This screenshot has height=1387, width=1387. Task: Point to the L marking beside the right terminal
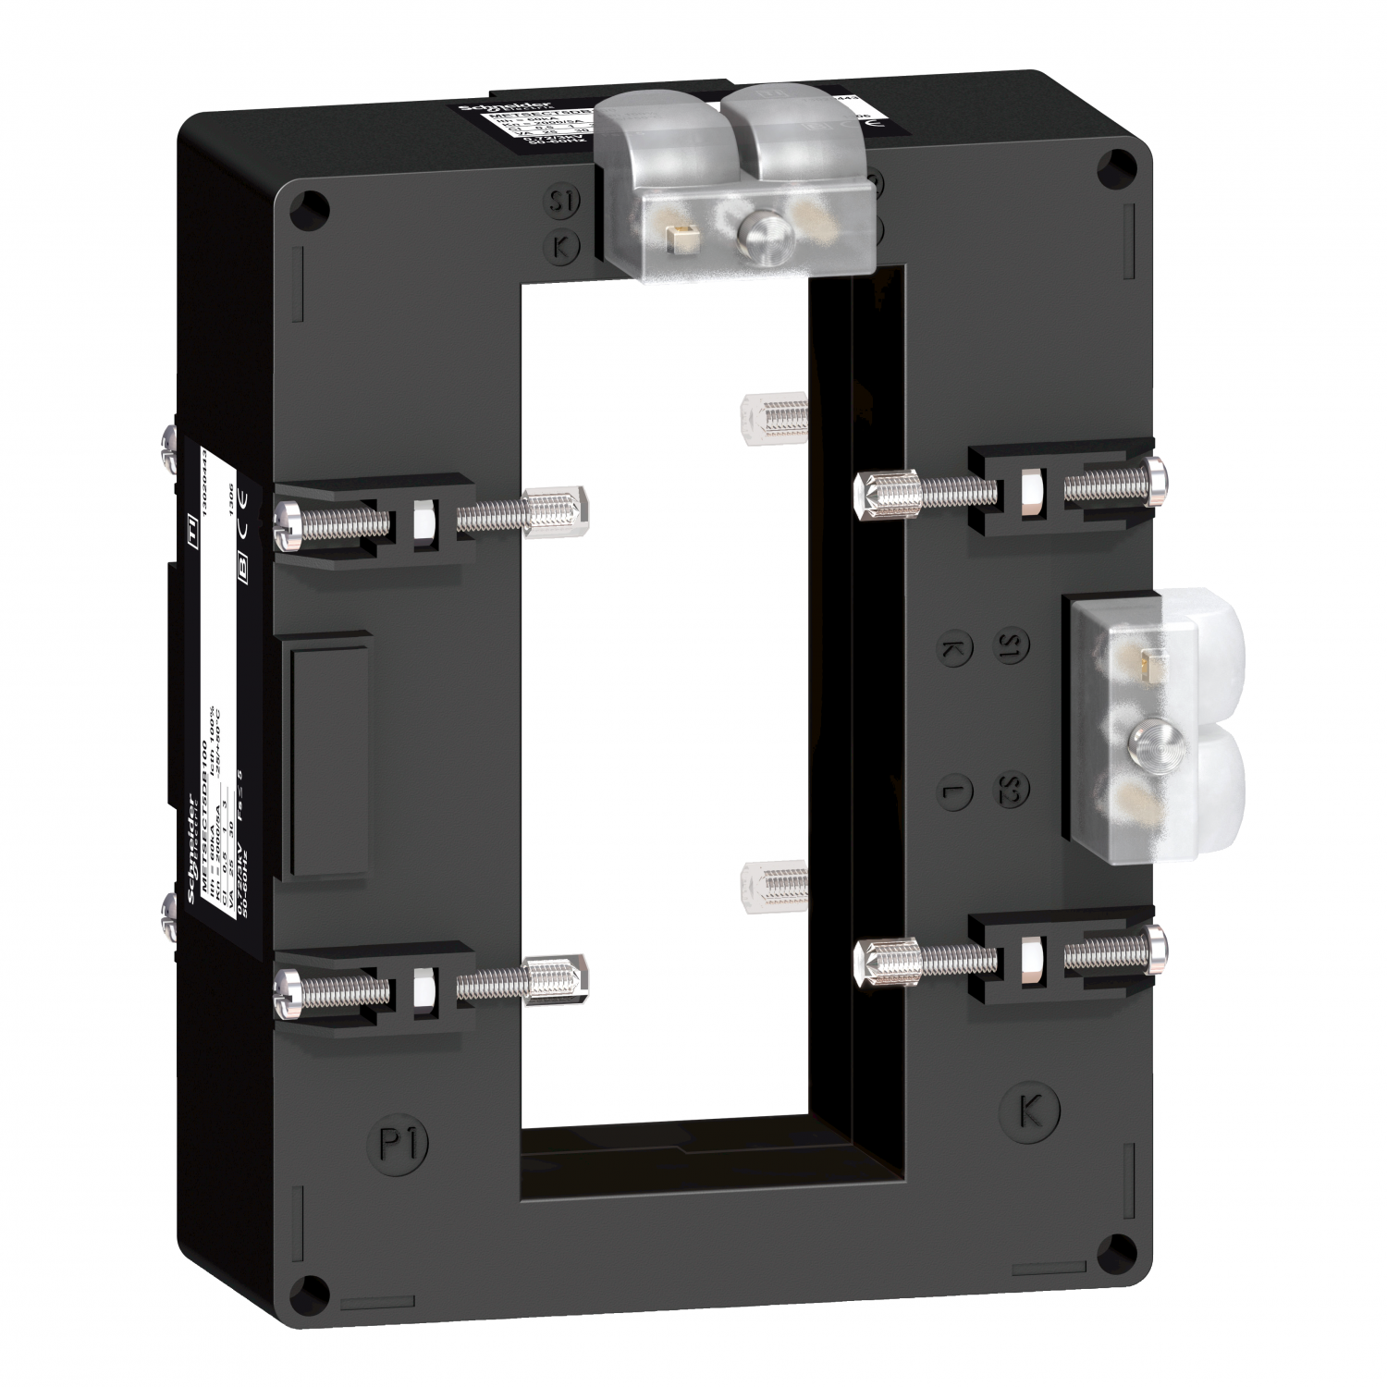pyautogui.click(x=951, y=791)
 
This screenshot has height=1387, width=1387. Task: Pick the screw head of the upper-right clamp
pyautogui.click(x=1157, y=478)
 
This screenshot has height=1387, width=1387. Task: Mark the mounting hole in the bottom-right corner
pyautogui.click(x=1113, y=1246)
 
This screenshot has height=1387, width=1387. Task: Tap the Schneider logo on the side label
pyautogui.click(x=194, y=850)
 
